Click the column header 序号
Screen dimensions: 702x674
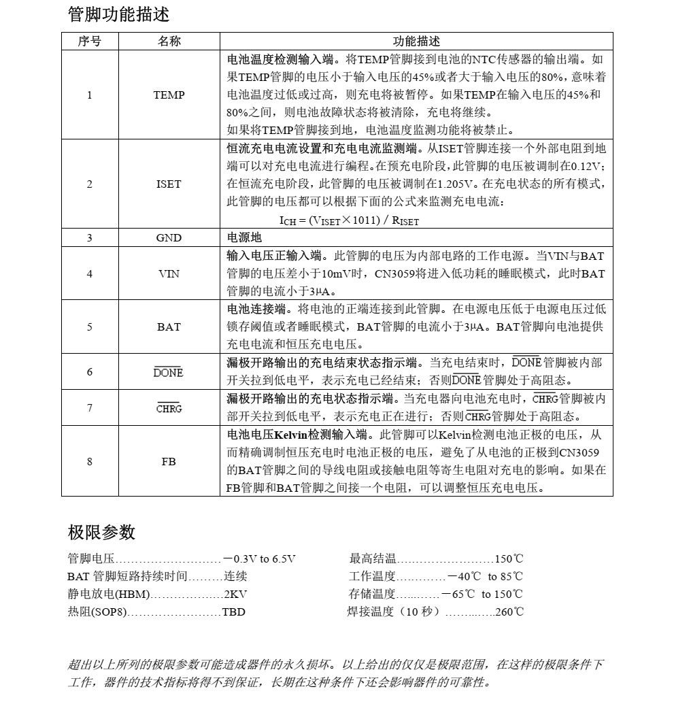click(89, 41)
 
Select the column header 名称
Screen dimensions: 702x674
click(169, 41)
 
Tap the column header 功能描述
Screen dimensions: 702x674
click(416, 41)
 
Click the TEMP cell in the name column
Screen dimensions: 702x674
click(169, 95)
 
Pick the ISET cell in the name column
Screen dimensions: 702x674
click(169, 184)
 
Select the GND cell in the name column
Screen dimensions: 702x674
click(169, 238)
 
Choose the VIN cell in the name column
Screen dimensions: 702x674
click(169, 273)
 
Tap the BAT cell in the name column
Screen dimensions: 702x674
click(169, 327)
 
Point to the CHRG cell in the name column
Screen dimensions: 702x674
click(169, 409)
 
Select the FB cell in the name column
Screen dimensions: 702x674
click(169, 462)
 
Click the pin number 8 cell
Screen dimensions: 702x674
click(89, 462)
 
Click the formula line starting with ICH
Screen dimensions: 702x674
click(349, 220)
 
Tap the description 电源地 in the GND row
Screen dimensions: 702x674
click(244, 238)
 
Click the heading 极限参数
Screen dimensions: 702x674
click(101, 532)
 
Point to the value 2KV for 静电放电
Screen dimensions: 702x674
click(236, 594)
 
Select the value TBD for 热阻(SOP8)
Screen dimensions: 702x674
click(233, 612)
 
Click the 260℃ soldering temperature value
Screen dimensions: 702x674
click(509, 612)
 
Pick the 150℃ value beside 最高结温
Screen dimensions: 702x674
click(509, 559)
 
